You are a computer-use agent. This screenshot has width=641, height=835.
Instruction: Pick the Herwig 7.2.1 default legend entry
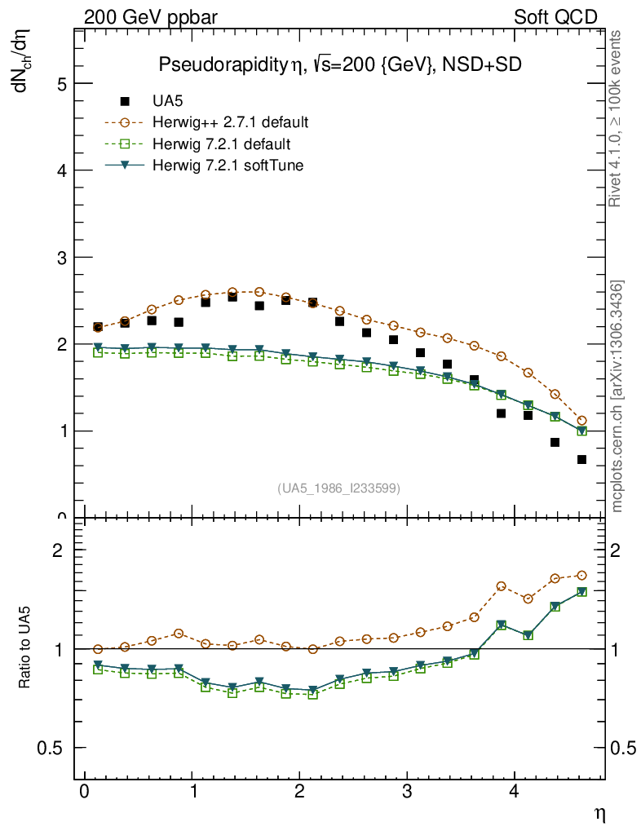click(x=221, y=144)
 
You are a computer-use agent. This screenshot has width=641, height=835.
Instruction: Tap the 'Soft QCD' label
click(x=555, y=17)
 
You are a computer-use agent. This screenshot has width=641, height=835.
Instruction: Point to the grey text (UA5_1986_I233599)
click(x=339, y=488)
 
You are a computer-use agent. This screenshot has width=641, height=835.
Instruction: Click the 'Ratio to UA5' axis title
click(x=25, y=649)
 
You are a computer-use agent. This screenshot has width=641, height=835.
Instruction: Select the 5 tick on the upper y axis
click(x=63, y=83)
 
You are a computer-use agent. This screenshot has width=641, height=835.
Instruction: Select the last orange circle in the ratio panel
click(x=581, y=575)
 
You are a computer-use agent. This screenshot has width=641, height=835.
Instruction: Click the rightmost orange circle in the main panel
click(x=581, y=421)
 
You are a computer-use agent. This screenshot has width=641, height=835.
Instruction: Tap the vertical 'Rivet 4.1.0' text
click(x=617, y=118)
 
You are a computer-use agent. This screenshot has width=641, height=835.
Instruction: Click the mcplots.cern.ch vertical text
click(x=617, y=397)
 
